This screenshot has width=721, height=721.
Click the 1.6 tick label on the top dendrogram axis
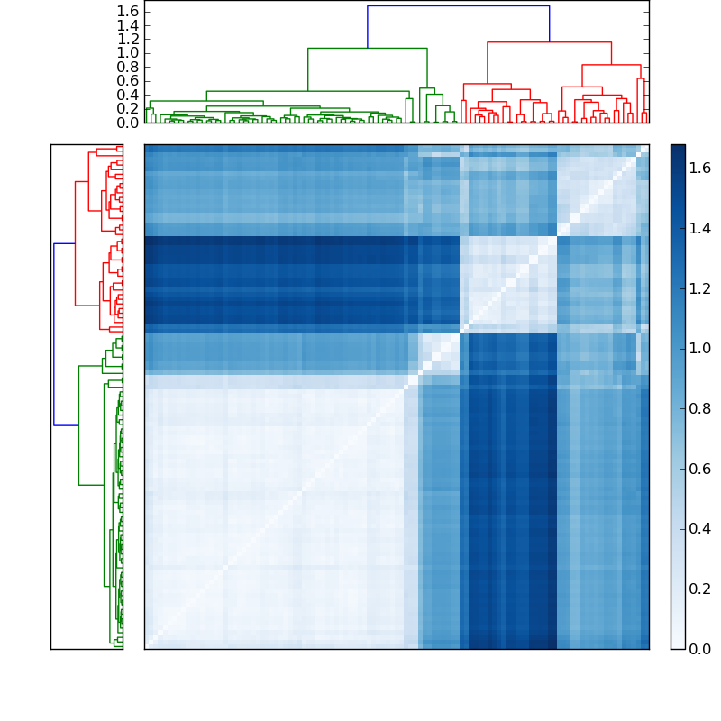click(x=127, y=10)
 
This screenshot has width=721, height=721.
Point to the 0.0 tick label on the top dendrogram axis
click(x=127, y=123)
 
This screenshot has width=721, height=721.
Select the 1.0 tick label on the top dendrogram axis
click(x=127, y=52)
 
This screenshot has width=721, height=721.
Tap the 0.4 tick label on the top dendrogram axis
click(x=127, y=95)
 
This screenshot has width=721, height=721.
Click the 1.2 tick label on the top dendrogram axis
click(x=127, y=39)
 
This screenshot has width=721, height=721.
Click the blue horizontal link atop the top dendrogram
click(x=458, y=6)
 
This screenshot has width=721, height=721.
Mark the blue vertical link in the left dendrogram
click(x=54, y=333)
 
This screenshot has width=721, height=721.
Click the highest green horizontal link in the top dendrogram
click(x=367, y=48)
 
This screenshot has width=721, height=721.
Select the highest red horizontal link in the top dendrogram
click(x=549, y=42)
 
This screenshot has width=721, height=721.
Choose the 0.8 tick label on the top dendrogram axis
click(x=127, y=67)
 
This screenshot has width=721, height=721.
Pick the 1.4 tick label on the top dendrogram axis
click(x=127, y=24)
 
